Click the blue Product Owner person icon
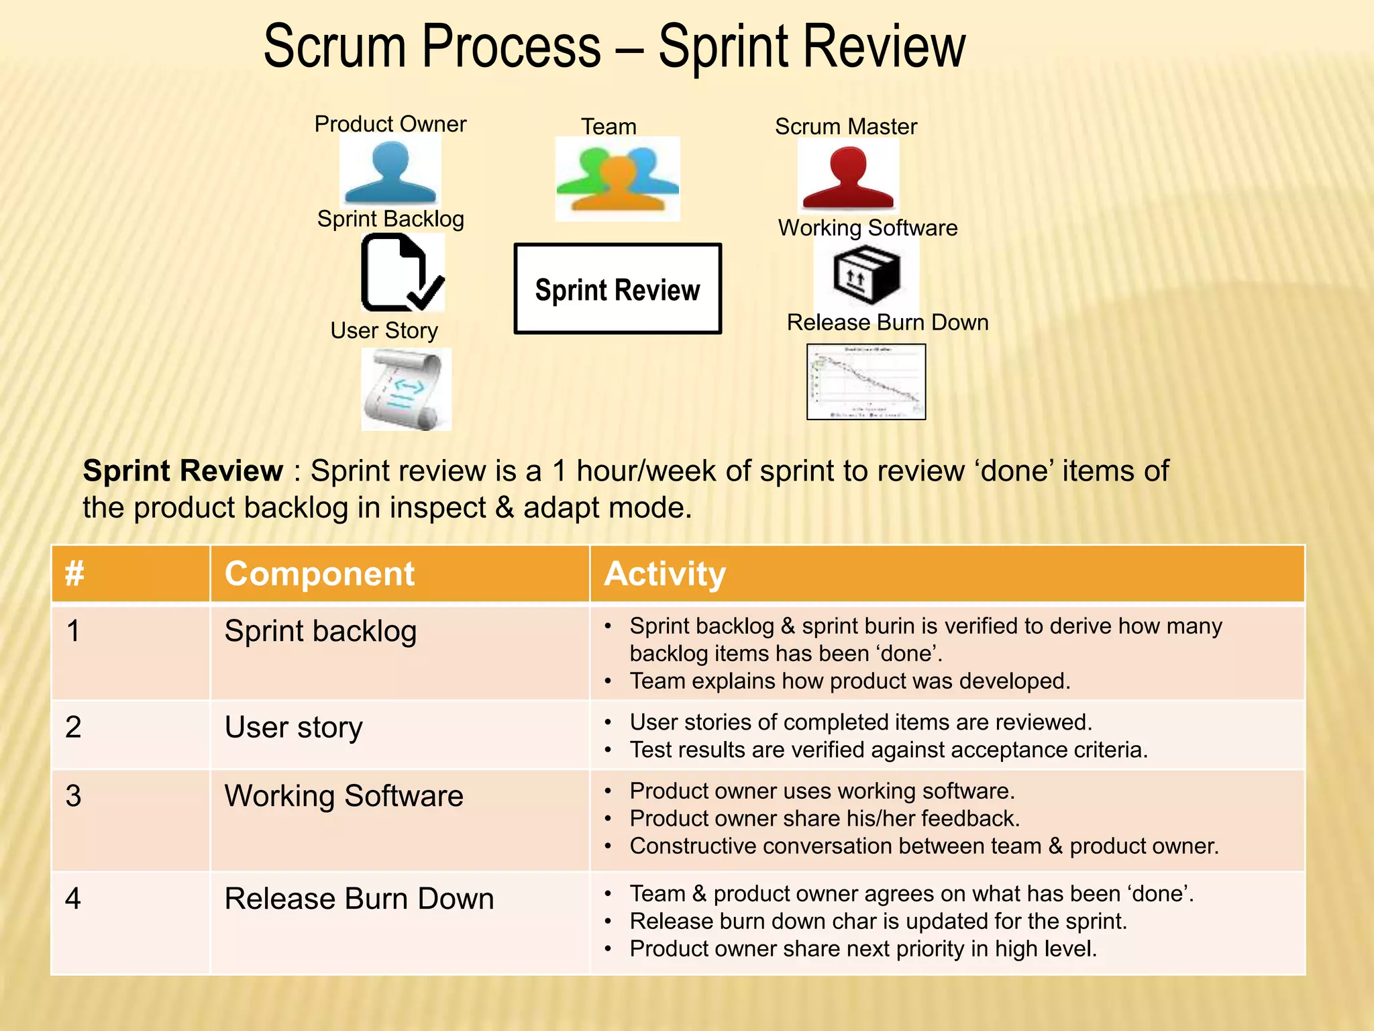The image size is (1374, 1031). point(390,172)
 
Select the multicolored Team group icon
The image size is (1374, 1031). point(617,179)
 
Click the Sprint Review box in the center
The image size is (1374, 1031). point(617,289)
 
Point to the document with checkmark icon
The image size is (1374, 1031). point(401,273)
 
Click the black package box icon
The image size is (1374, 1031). point(866,274)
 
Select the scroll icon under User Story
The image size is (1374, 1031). point(405,389)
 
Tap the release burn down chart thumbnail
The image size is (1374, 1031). point(865,382)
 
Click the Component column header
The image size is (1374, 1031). point(320,574)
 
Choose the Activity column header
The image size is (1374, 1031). point(665,574)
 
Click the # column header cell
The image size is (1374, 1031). point(74,574)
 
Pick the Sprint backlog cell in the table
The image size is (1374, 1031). point(321,631)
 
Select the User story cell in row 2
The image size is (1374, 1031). point(294,727)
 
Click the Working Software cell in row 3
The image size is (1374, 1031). point(343,796)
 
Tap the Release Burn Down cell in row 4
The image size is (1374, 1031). point(359,899)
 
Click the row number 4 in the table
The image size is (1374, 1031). point(73,899)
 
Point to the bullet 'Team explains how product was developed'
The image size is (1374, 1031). point(849,681)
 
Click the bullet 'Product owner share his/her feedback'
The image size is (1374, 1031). point(825,819)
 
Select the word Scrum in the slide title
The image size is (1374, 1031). point(335,47)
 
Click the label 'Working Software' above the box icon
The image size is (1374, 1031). point(867,228)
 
